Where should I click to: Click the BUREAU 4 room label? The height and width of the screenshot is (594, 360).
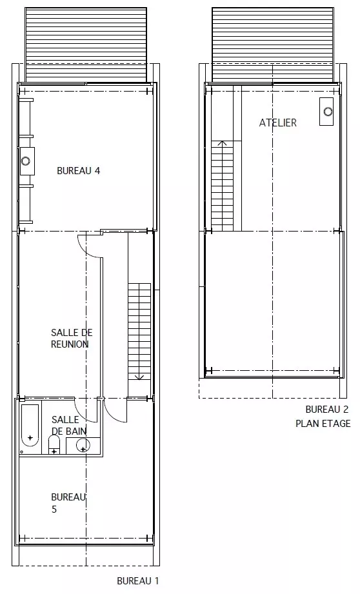79,170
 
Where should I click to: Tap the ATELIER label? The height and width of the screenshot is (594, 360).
278,123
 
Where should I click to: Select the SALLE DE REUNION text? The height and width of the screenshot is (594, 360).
72,339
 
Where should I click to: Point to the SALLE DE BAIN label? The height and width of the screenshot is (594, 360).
69,425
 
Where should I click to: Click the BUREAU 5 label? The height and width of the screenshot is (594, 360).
68,502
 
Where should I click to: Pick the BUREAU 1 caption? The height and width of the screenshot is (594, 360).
138,580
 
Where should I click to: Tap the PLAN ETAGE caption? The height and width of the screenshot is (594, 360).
323,423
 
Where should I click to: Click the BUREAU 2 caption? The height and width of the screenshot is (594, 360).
326,409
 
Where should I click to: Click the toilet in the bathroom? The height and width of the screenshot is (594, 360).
54,445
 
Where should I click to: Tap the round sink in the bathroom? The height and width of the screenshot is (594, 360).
83,446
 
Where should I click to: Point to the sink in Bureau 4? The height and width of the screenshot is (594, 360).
27,161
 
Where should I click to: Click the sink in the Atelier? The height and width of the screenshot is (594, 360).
326,112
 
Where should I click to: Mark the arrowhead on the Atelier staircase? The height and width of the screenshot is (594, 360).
222,143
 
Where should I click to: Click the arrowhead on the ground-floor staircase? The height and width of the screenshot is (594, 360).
139,377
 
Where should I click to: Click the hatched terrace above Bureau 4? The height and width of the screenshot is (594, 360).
86,45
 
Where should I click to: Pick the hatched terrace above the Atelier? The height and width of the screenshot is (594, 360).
273,45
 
